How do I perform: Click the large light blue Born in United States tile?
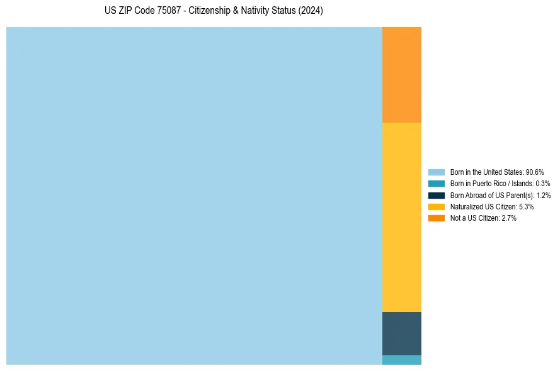point(194,196)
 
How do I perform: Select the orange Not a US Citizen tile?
point(401,74)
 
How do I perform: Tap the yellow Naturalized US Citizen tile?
point(401,217)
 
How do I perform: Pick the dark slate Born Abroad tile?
point(401,333)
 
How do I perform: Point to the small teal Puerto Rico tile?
point(401,360)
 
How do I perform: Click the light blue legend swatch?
point(436,172)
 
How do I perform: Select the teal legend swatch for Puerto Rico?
point(436,184)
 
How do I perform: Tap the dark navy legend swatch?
point(436,195)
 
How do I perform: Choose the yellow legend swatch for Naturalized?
point(436,206)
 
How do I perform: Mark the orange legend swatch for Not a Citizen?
point(436,218)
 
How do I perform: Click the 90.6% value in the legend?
point(534,172)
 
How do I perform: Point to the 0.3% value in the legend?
point(542,184)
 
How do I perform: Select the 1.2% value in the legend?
point(544,195)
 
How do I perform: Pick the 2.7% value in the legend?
point(509,218)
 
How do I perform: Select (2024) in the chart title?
point(311,11)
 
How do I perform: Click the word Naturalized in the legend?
point(466,206)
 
